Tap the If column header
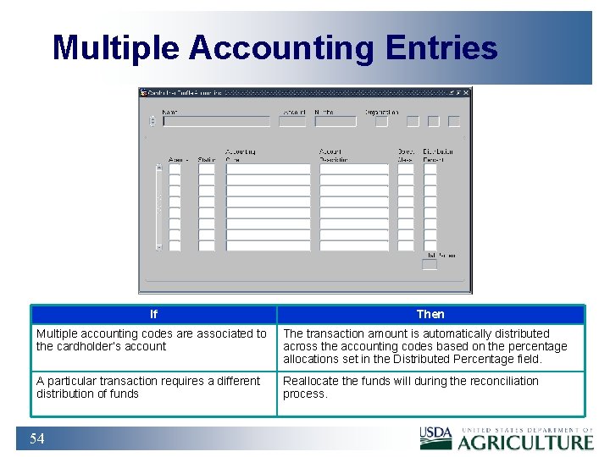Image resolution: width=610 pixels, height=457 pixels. pyautogui.click(x=153, y=315)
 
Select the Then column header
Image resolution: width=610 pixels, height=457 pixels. pyautogui.click(x=430, y=315)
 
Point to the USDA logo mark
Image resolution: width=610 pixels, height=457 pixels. pyautogui.click(x=435, y=438)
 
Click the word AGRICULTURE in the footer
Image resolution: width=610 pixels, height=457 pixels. pyautogui.click(x=526, y=442)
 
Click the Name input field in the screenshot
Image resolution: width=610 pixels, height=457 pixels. pyautogui.click(x=216, y=121)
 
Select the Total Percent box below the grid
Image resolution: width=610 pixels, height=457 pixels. pyautogui.click(x=430, y=265)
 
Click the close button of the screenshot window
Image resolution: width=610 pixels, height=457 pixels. pyautogui.click(x=467, y=92)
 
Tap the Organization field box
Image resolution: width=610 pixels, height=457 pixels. pyautogui.click(x=381, y=121)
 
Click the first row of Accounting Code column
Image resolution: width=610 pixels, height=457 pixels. pyautogui.click(x=268, y=169)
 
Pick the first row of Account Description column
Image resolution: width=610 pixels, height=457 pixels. pyautogui.click(x=353, y=169)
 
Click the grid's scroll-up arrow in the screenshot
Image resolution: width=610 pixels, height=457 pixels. pyautogui.click(x=158, y=168)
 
